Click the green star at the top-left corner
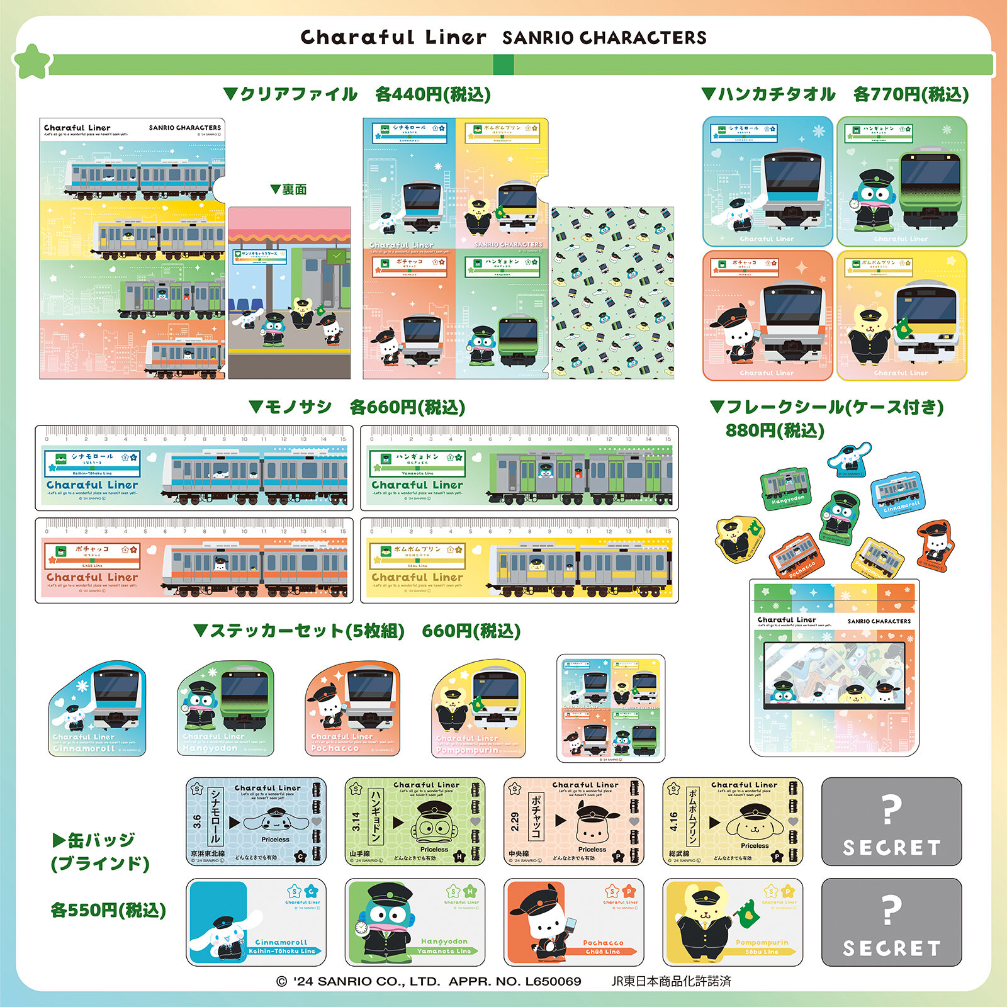31,61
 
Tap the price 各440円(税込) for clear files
432,94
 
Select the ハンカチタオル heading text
777,94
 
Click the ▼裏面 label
289,189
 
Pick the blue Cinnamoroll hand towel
767,181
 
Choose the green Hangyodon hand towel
901,181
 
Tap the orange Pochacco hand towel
767,315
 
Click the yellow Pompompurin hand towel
901,315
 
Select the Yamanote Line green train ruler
519,468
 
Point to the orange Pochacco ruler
194,561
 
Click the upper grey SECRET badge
891,821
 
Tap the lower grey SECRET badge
891,922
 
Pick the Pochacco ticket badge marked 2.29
573,821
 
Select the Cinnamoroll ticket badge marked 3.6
256,821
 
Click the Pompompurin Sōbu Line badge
733,922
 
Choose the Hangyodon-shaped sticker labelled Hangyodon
225,708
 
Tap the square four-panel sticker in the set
610,708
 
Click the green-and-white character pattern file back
612,293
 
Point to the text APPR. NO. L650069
515,981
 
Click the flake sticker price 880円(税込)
775,430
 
